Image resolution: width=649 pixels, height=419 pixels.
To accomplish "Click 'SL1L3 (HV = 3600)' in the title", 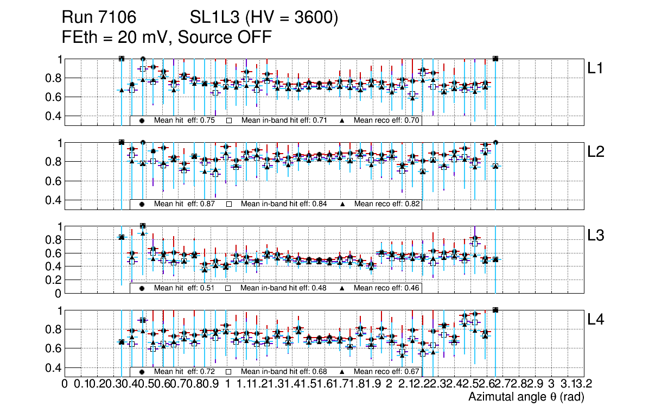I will coord(264,18).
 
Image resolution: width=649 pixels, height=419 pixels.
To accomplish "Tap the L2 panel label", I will coord(596,152).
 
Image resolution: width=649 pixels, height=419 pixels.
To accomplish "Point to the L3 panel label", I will coord(596,236).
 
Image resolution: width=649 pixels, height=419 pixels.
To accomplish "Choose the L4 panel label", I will coord(596,320).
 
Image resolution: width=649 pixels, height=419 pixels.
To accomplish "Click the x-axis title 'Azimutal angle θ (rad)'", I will coord(526,397).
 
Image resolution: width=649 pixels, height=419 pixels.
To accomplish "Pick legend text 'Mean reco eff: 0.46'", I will coord(386,288).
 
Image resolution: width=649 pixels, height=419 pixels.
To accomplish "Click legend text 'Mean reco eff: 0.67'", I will coord(386,372).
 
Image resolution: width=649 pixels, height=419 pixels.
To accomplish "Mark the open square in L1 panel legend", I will coord(229,120).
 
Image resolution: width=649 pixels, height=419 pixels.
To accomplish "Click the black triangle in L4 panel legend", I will coord(343,372).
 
